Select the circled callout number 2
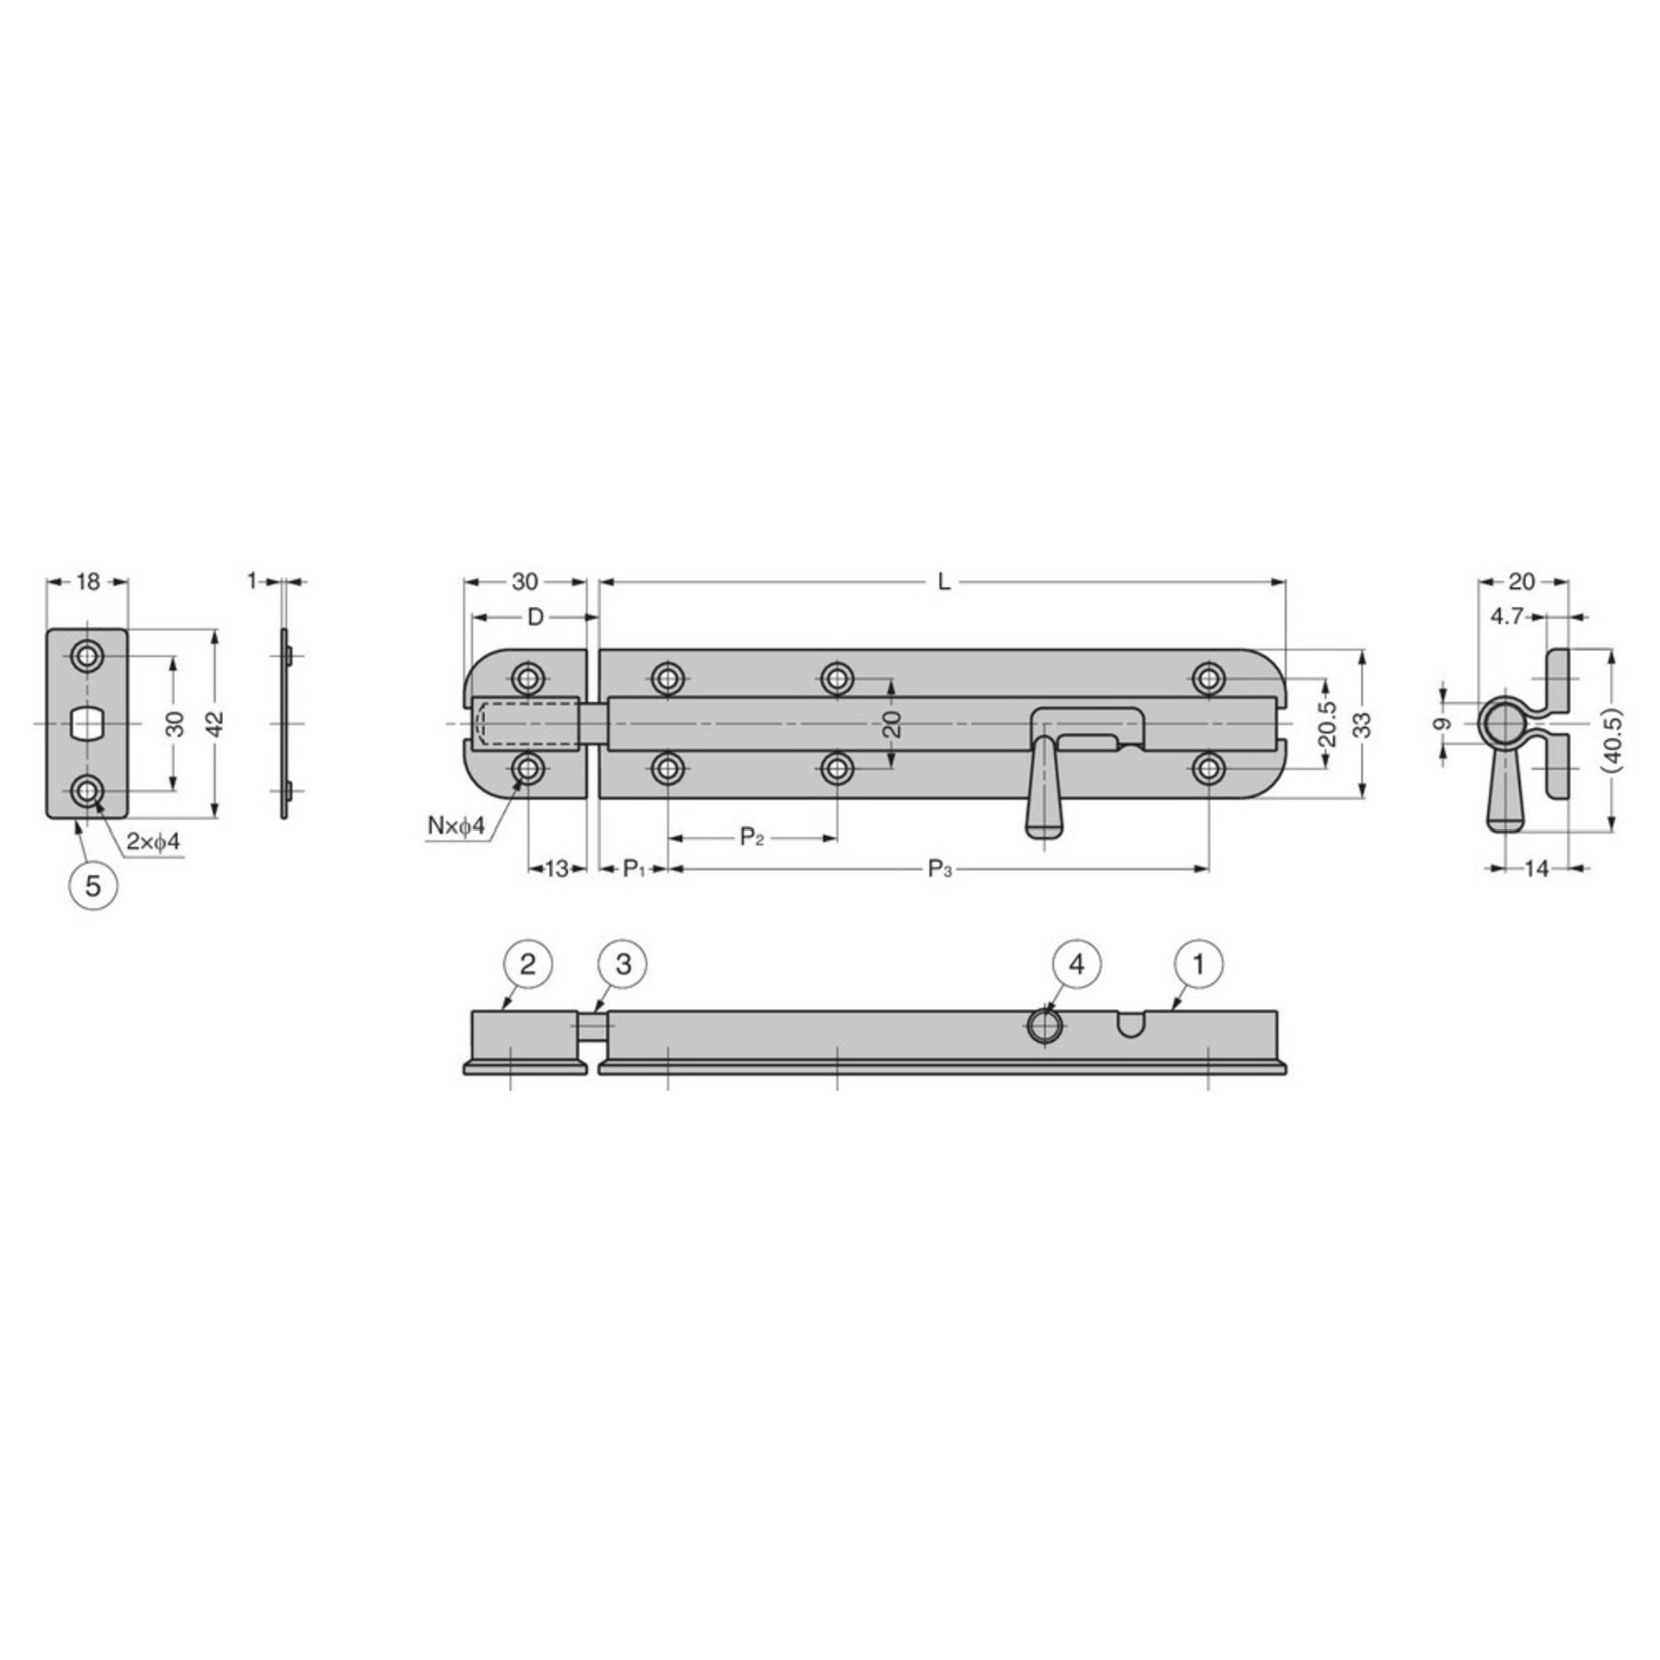tap(528, 963)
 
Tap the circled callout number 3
tap(622, 963)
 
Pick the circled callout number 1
tap(1198, 963)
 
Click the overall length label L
tap(944, 583)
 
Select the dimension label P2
tap(752, 837)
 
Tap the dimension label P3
tap(940, 869)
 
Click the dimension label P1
tap(635, 869)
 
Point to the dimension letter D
tap(535, 616)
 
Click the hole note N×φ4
tap(459, 827)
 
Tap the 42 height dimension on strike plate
tap(216, 723)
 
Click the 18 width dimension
tap(87, 582)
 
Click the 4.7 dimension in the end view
tap(1506, 616)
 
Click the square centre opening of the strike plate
tap(86, 722)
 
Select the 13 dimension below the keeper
tap(558, 869)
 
